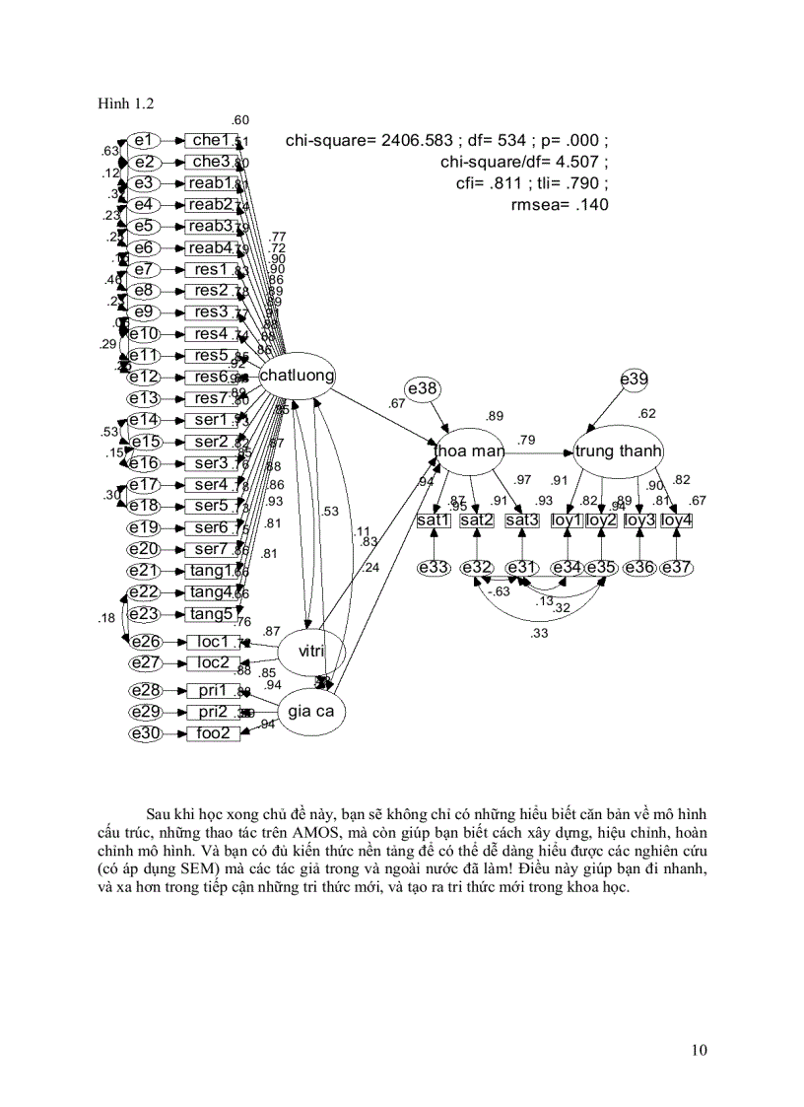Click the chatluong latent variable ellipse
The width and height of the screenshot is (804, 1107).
[298, 376]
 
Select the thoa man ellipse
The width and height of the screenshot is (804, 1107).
[470, 451]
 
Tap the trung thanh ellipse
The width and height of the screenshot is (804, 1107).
[619, 451]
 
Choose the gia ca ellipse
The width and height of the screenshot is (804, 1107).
[310, 710]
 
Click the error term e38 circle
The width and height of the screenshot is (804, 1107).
[422, 389]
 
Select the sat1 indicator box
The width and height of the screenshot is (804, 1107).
[434, 519]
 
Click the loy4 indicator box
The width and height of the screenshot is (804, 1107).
[676, 519]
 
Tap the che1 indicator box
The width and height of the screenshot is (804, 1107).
[211, 140]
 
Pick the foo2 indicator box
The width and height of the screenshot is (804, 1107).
[213, 733]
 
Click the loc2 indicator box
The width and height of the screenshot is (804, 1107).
[213, 662]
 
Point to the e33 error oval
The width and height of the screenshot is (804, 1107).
[434, 567]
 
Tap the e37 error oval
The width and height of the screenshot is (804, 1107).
[676, 567]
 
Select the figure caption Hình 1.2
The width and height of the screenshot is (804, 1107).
[125, 103]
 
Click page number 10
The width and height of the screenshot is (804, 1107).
[699, 1050]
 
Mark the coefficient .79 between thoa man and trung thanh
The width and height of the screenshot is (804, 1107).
[527, 439]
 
